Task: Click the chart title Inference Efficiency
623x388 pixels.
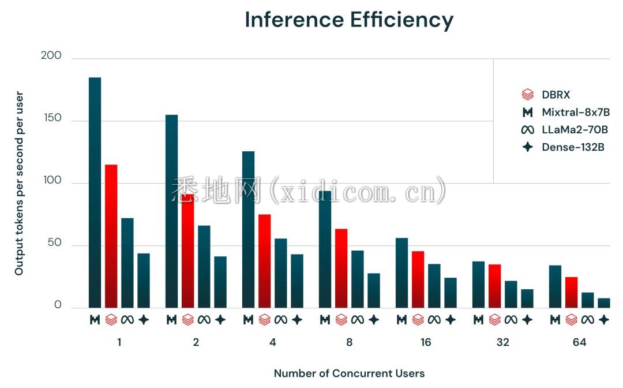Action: tap(349, 20)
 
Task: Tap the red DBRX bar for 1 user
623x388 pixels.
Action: tap(111, 236)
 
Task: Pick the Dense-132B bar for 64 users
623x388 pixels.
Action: tap(604, 303)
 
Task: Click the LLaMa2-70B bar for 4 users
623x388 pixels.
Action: tap(280, 273)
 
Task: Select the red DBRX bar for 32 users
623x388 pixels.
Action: tap(495, 286)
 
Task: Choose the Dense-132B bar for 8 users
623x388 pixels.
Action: tap(374, 290)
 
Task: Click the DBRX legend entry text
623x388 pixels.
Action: tap(556, 95)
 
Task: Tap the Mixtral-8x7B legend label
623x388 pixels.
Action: tap(575, 112)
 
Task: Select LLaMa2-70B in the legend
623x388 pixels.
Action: tap(575, 129)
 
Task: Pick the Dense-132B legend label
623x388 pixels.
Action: tap(573, 147)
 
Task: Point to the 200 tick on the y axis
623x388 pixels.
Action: tap(51, 56)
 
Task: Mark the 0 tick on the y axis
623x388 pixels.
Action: tap(58, 305)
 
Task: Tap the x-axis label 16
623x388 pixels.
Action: tap(426, 342)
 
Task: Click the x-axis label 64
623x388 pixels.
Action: tap(579, 342)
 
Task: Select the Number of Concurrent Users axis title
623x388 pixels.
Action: tap(349, 373)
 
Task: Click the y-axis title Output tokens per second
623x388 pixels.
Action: tap(19, 183)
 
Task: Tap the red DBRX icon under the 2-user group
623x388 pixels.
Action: tap(187, 319)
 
